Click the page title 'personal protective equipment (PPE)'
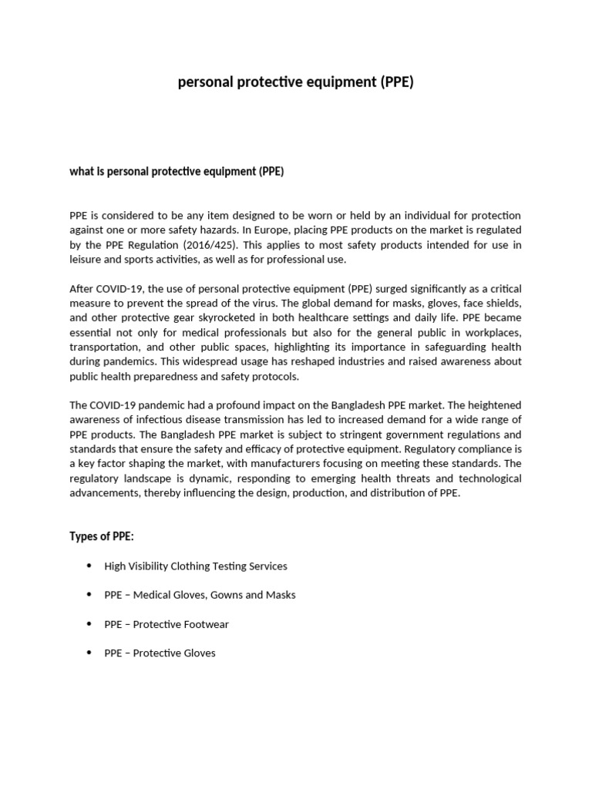(x=295, y=82)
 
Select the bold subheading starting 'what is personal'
(x=177, y=171)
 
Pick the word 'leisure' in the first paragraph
(x=86, y=260)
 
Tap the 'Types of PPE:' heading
(x=101, y=536)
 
